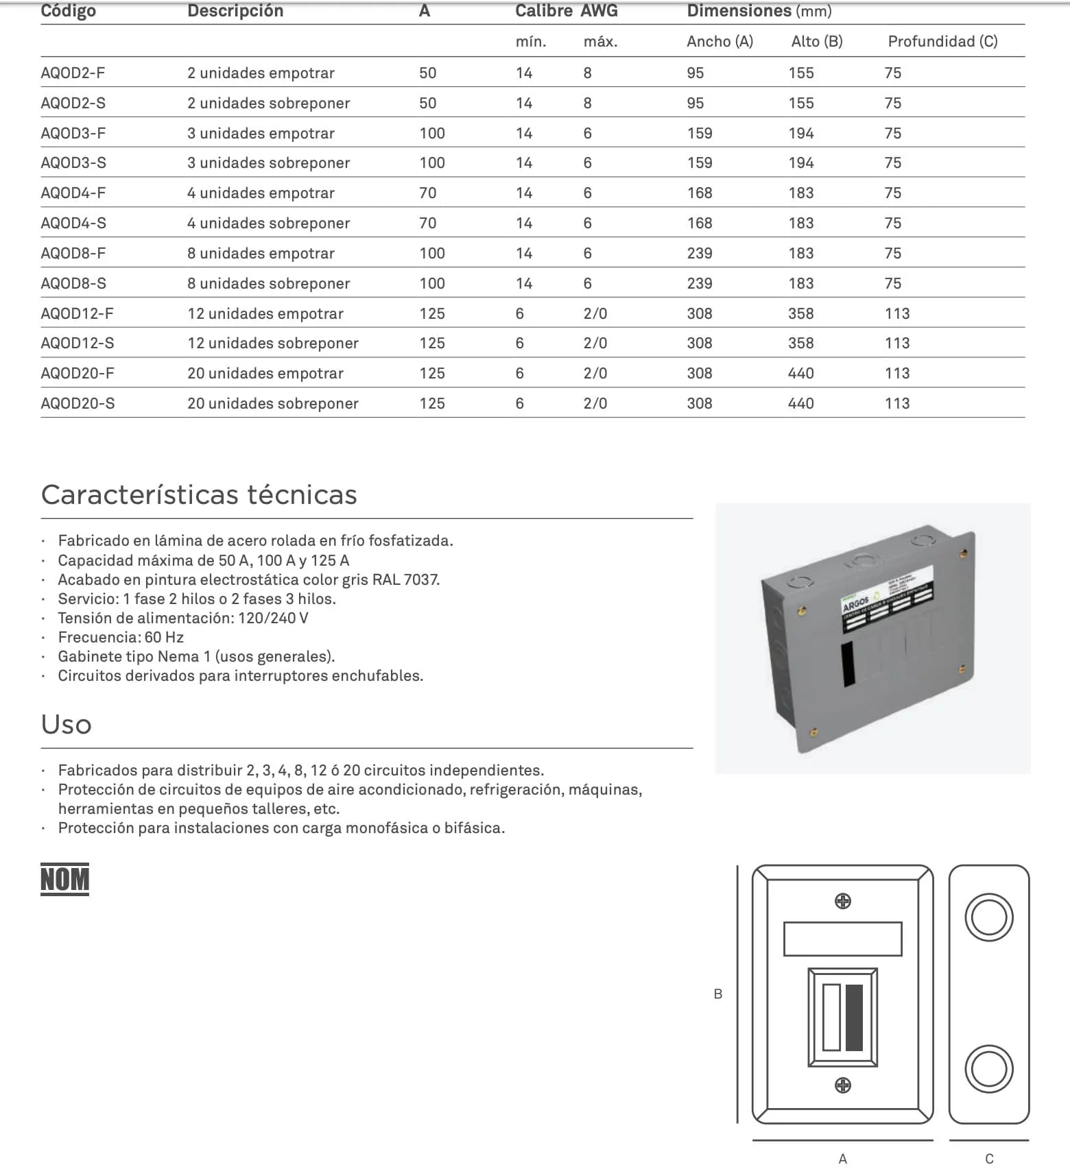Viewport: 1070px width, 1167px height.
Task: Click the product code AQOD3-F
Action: (73, 133)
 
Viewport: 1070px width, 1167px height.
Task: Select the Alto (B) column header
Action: (816, 41)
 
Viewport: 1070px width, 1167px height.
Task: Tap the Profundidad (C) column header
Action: (942, 41)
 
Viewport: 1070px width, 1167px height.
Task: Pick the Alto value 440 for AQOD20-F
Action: (800, 373)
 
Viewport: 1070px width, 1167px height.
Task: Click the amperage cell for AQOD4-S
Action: (427, 223)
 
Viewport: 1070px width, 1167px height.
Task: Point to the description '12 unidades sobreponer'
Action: (272, 343)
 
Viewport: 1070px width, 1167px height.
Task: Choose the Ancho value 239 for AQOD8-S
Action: (699, 283)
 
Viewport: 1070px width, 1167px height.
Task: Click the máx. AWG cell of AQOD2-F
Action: (587, 73)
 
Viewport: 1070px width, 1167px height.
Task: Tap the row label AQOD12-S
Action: (77, 343)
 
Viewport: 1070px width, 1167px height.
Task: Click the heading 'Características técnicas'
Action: (199, 494)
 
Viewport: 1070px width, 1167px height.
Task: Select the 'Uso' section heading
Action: (66, 724)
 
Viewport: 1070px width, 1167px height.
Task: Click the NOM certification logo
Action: (64, 879)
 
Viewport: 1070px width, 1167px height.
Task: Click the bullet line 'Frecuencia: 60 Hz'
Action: (121, 637)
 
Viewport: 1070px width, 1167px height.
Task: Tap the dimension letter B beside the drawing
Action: (718, 994)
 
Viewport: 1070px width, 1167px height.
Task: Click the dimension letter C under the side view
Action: (989, 1158)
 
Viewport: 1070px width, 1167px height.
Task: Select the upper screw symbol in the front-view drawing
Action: (843, 901)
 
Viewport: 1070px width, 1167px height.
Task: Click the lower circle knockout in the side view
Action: (988, 1069)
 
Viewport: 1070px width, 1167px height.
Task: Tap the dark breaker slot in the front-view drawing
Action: (854, 1018)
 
